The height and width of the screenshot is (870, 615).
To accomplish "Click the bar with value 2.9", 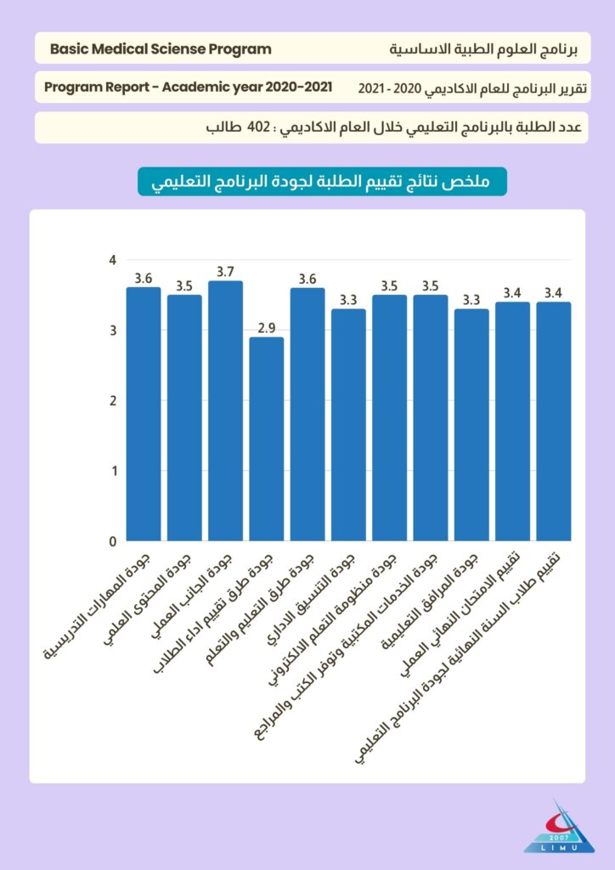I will point(267,438).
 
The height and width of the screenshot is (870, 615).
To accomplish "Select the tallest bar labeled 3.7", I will point(225,410).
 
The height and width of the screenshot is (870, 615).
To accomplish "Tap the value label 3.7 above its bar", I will point(225,272).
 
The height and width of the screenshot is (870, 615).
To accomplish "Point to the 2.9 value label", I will point(267,327).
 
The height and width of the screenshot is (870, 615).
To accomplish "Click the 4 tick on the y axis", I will point(111,260).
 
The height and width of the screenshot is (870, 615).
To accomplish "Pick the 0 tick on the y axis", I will point(111,541).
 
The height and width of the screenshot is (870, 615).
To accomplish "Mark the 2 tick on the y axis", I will point(111,401).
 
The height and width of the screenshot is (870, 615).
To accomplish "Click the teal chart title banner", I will point(322,182).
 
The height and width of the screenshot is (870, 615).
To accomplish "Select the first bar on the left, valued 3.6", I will point(144,414).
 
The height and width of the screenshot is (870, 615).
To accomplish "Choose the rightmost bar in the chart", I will point(554,421).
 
